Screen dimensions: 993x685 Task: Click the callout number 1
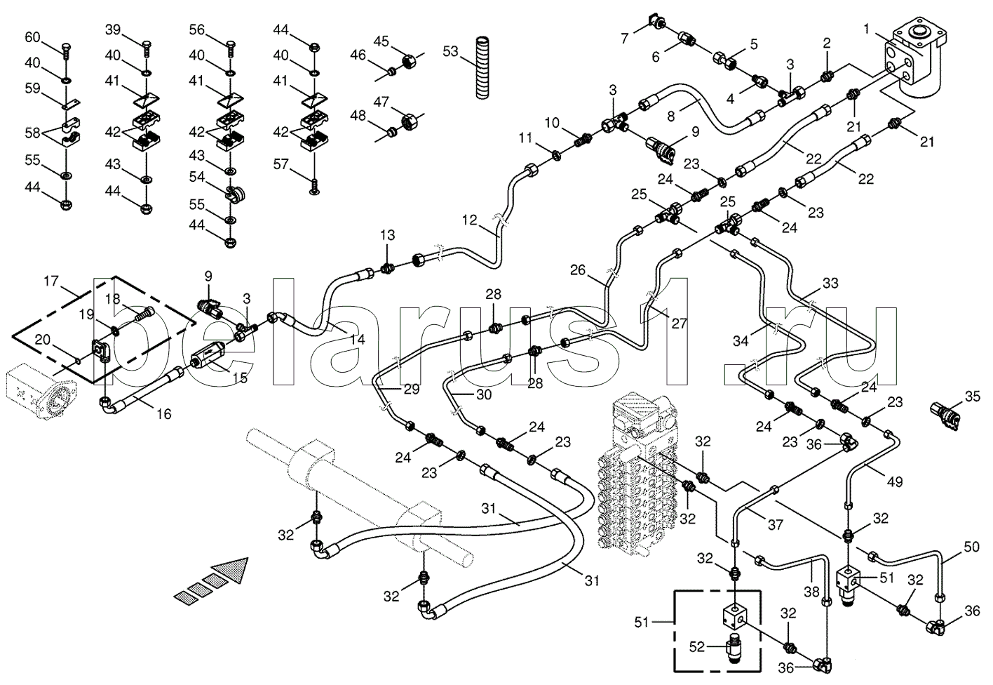click(x=866, y=29)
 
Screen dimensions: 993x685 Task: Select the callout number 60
click(x=32, y=38)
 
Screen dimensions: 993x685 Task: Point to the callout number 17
click(x=51, y=281)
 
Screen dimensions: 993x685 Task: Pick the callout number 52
click(x=697, y=647)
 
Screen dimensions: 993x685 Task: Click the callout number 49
click(x=895, y=481)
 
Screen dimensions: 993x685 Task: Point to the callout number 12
click(x=469, y=220)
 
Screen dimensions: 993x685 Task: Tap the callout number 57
click(x=281, y=165)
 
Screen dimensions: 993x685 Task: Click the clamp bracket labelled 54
click(x=235, y=194)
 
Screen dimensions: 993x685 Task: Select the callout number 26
click(x=579, y=270)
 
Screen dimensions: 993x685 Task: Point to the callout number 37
click(x=776, y=525)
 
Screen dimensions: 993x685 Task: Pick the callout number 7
click(x=625, y=39)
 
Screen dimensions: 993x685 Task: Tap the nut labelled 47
click(x=410, y=120)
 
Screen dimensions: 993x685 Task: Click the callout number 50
click(x=971, y=547)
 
